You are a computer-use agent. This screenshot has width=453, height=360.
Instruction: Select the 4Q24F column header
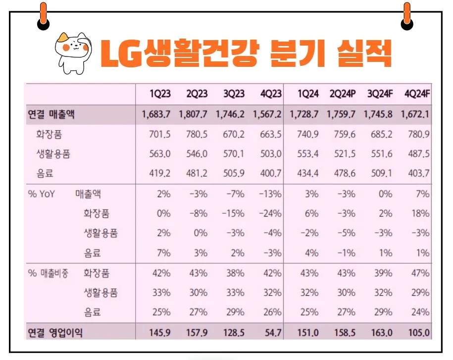416,94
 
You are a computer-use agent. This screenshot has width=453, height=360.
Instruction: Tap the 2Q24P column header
342,94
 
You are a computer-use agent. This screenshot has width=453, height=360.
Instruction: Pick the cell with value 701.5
160,134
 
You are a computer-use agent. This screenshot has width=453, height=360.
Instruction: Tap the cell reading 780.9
418,134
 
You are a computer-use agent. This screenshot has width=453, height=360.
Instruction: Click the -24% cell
270,213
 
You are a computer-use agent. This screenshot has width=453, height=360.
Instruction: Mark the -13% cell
270,194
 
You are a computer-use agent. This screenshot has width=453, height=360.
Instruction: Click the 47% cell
421,273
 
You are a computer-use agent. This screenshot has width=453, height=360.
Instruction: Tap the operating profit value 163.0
383,332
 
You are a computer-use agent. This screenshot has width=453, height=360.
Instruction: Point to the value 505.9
234,174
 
